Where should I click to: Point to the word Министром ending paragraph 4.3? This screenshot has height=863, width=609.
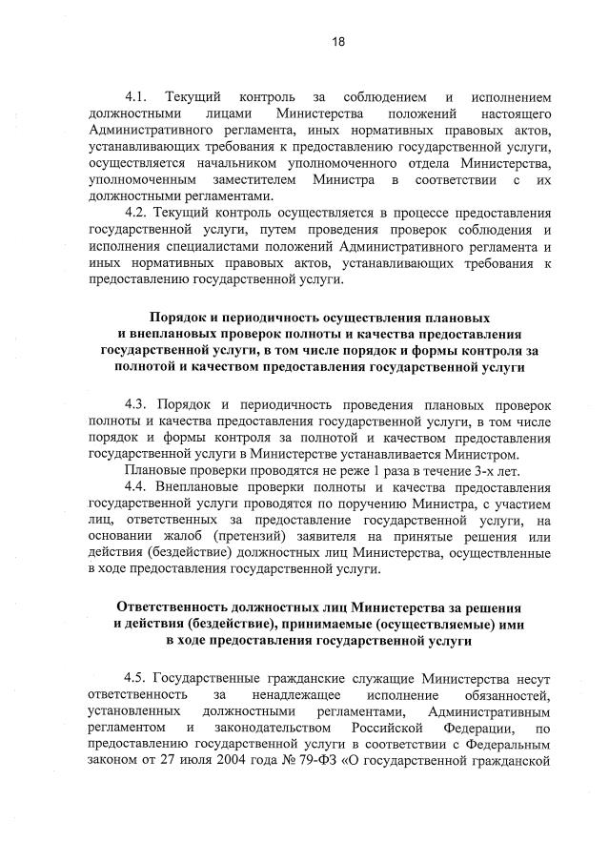coord(483,454)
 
